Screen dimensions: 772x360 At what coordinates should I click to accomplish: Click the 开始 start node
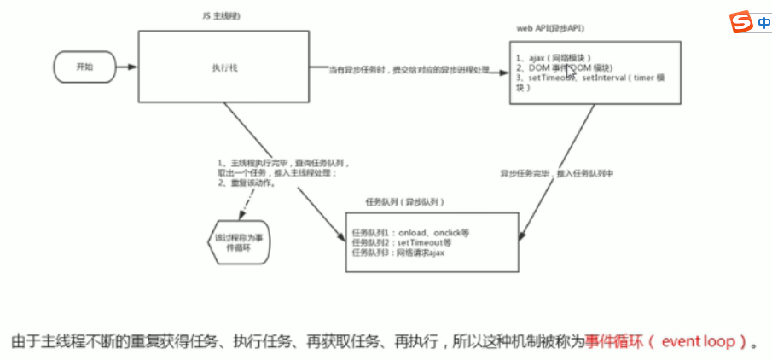(x=84, y=66)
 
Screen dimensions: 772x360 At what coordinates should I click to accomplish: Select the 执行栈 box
(x=223, y=67)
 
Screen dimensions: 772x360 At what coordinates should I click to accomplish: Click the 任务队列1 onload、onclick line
(x=411, y=232)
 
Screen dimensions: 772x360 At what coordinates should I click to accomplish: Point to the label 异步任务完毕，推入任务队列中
(x=557, y=173)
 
